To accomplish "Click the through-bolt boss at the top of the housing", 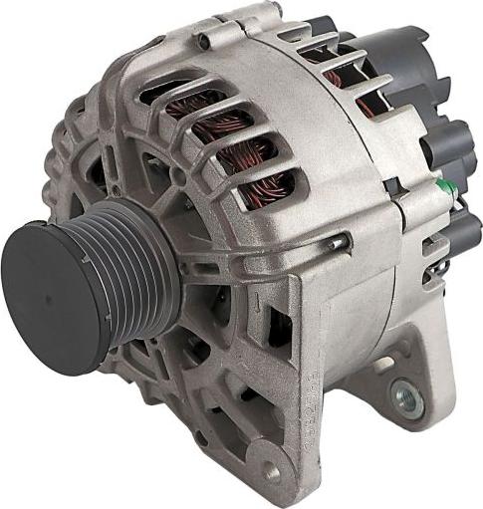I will coord(204,41).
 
